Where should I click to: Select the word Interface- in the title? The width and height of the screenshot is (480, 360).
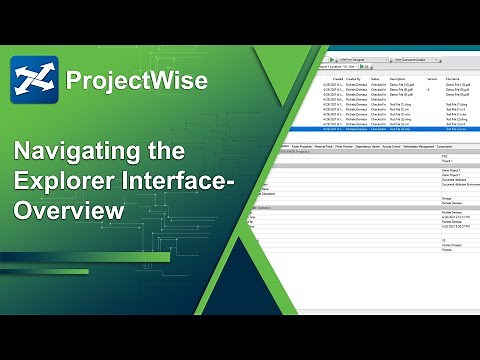(190, 183)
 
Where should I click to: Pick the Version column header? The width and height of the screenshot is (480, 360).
(431, 77)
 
